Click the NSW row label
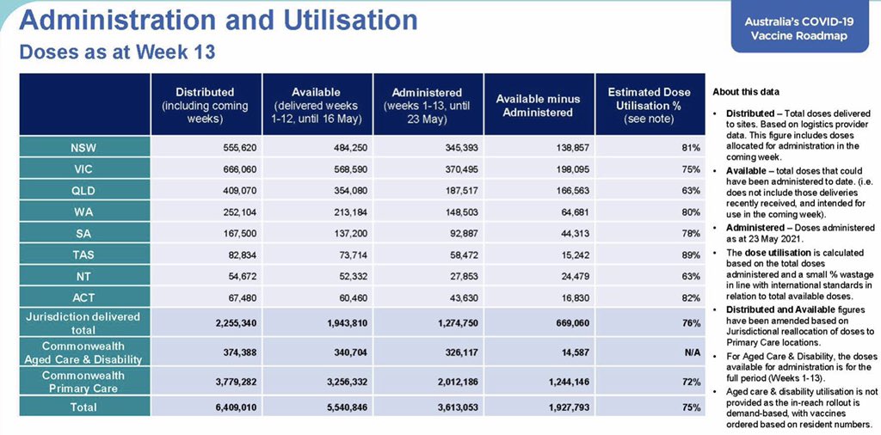(x=84, y=148)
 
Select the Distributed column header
(x=205, y=105)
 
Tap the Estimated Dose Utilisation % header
(x=649, y=105)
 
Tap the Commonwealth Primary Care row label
(x=84, y=382)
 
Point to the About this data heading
(x=747, y=92)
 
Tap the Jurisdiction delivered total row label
(x=84, y=323)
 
